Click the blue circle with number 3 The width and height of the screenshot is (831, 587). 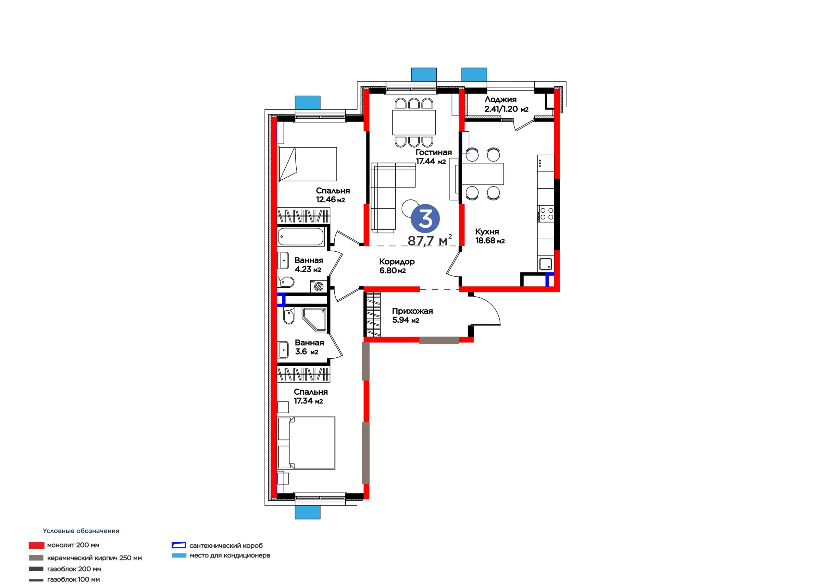tap(425, 219)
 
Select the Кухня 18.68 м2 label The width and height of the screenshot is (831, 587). tap(490, 236)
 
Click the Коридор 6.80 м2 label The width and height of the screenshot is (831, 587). tap(397, 266)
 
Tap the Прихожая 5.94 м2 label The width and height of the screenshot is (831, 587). tap(412, 315)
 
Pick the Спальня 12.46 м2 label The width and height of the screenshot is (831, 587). tap(333, 195)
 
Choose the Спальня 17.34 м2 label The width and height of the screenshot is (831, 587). tap(311, 396)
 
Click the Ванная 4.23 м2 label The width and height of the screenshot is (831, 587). tap(309, 265)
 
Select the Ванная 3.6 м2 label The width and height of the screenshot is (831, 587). tap(309, 347)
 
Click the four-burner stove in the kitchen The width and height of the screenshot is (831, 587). tap(546, 213)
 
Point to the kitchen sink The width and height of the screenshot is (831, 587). tap(546, 264)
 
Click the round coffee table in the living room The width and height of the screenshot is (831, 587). tap(410, 208)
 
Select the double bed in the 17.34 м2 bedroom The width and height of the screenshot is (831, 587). tap(306, 443)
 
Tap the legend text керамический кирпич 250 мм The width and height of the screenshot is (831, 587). tap(94, 558)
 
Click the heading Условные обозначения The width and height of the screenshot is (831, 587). tap(81, 531)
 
